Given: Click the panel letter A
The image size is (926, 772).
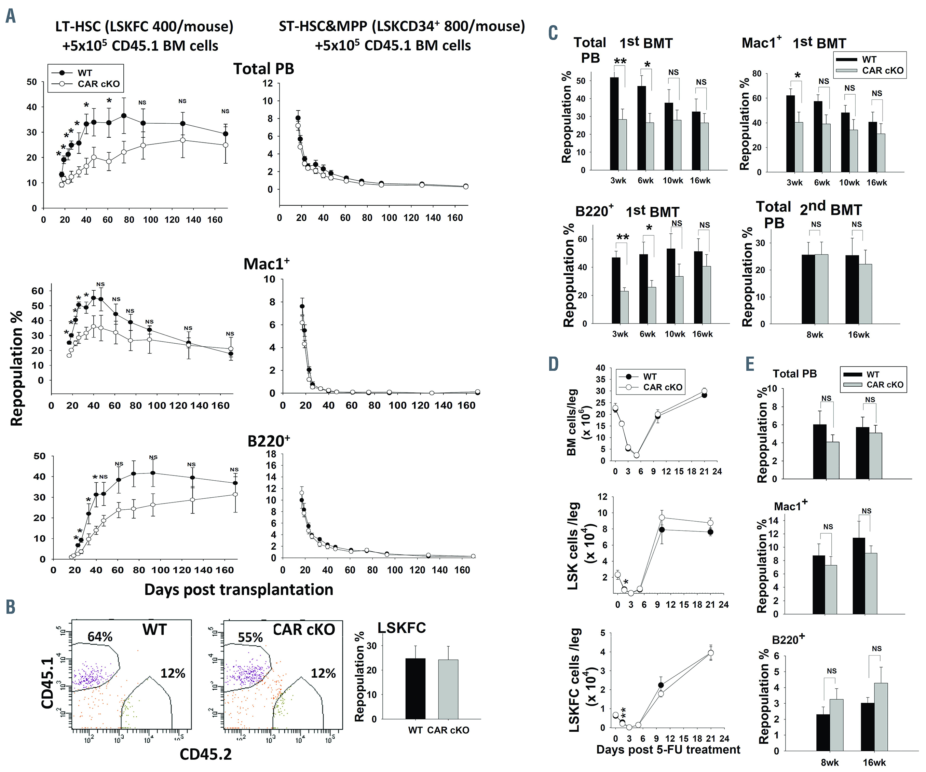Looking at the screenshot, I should click(x=11, y=16).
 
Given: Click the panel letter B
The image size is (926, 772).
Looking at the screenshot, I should click(x=11, y=607).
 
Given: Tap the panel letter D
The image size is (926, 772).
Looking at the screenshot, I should click(x=554, y=364).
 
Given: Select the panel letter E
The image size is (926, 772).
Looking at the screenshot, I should click(x=750, y=364).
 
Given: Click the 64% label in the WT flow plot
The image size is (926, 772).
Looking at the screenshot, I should click(x=100, y=637).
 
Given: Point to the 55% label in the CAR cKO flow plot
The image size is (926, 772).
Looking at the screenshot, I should click(x=250, y=637).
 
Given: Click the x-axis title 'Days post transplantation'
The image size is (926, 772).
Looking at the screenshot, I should click(x=239, y=590).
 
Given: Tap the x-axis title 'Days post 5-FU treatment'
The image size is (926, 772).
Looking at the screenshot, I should click(x=668, y=749).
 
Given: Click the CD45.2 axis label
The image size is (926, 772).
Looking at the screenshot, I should click(x=205, y=754).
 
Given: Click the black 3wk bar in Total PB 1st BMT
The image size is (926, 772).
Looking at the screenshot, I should click(x=614, y=123).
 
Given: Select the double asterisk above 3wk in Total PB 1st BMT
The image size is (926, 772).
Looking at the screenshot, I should click(x=620, y=61).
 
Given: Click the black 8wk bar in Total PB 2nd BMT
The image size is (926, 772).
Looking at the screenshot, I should click(x=808, y=289).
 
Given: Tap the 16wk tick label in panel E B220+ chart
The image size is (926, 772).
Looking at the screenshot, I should click(x=874, y=763).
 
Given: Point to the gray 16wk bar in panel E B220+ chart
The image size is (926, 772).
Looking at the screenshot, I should click(x=881, y=716).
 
